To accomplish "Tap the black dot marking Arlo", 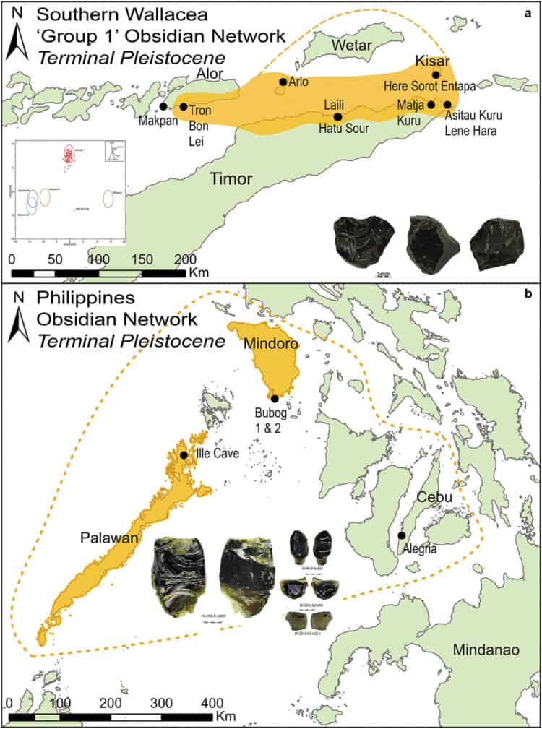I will point(283,82).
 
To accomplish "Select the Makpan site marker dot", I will point(163,106).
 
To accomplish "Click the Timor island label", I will point(231,177).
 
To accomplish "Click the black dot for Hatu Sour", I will point(337,116).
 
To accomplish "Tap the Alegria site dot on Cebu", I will point(400,535).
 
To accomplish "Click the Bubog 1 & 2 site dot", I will point(275,398).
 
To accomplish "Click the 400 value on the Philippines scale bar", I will point(211,702).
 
